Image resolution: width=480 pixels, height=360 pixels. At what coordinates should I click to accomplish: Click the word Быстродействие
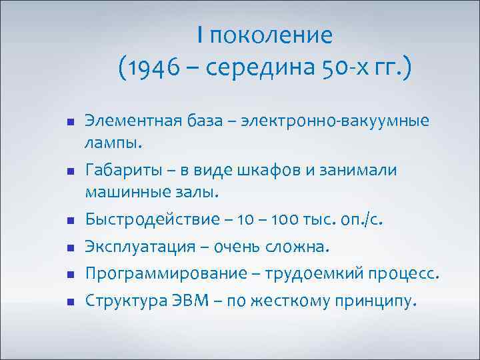139,220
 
